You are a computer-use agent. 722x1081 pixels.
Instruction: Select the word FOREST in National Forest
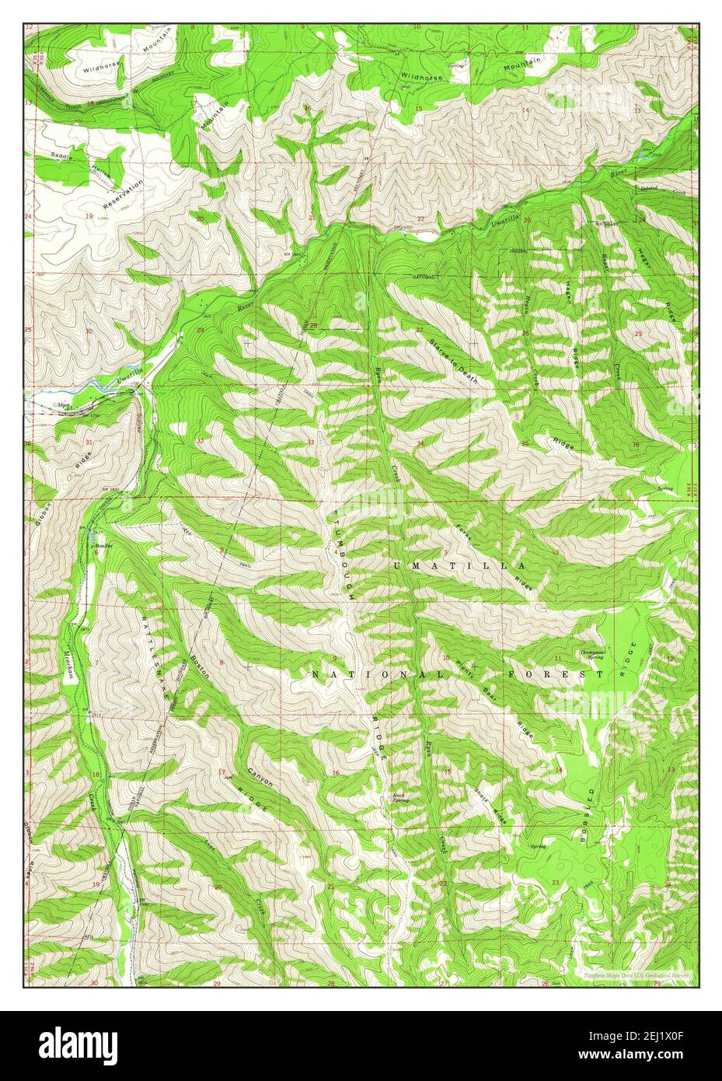[555, 674]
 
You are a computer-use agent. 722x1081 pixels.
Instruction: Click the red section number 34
[420, 444]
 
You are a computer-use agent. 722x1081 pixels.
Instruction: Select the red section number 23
[556, 881]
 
